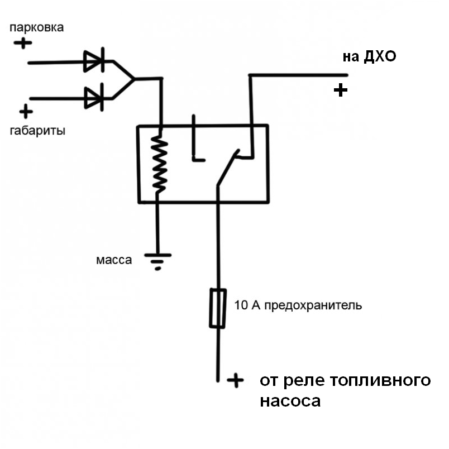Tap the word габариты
(x=37, y=131)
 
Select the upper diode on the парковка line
(x=94, y=62)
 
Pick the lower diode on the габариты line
(x=94, y=98)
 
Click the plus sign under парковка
(x=23, y=42)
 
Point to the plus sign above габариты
(x=25, y=112)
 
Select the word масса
(x=114, y=260)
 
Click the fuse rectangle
(x=217, y=308)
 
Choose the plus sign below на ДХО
(x=340, y=90)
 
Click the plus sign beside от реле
(x=236, y=380)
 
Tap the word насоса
(x=290, y=402)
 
